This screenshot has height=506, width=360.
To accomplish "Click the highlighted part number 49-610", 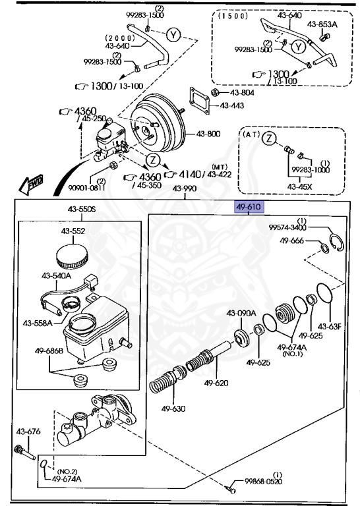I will [249, 208].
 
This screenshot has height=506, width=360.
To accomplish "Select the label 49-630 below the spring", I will [172, 408].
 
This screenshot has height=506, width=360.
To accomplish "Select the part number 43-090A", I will [241, 313].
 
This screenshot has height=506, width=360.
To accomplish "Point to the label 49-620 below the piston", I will [216, 383].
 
